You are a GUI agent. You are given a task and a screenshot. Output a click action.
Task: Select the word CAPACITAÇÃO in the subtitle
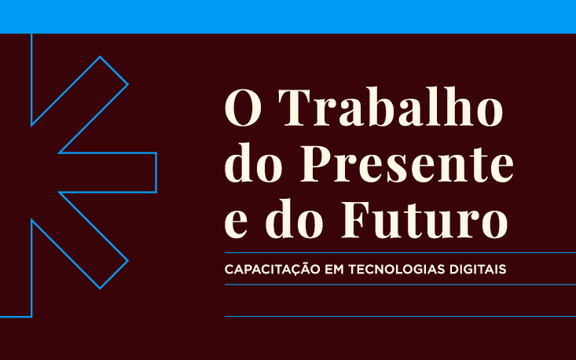[269, 269]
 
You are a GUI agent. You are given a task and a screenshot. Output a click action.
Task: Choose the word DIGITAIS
[477, 269]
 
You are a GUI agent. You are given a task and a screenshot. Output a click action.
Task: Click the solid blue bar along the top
[288, 16]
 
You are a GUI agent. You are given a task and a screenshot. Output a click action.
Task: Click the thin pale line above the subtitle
[400, 253]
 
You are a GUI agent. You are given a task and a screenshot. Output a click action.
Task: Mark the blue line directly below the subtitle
[400, 285]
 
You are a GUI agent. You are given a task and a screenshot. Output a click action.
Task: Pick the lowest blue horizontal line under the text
[400, 316]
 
